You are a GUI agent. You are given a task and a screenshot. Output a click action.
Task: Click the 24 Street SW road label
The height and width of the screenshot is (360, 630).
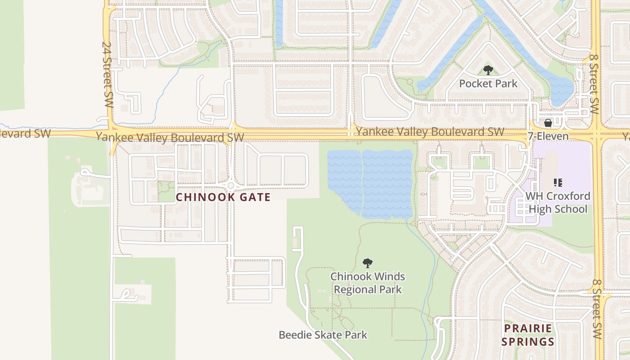(107, 74)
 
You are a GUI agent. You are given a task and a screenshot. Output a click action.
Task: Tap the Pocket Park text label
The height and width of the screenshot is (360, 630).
(488, 83)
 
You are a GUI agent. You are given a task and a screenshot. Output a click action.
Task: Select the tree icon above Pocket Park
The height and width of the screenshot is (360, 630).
(488, 70)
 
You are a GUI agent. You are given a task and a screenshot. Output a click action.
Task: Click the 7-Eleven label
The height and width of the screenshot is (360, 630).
(548, 136)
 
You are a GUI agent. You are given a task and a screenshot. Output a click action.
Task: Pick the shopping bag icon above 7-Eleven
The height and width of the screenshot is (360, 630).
(548, 123)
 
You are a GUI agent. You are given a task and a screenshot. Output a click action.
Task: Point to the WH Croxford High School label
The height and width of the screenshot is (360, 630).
(558, 202)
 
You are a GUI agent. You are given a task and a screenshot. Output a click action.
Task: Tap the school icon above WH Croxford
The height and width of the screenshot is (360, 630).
(558, 183)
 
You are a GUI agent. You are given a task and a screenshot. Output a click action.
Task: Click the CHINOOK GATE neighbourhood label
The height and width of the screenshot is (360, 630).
(223, 197)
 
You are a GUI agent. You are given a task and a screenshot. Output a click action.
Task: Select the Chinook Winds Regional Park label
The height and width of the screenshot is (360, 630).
(368, 283)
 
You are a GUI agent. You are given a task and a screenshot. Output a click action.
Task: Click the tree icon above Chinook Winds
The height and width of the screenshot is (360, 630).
(368, 263)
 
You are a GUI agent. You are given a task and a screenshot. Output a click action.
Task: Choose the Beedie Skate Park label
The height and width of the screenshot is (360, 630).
(323, 335)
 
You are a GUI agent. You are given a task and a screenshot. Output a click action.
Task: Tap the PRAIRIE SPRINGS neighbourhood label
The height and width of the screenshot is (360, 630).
(527, 335)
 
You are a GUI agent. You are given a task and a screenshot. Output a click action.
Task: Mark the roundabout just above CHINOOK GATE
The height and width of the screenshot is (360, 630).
(231, 185)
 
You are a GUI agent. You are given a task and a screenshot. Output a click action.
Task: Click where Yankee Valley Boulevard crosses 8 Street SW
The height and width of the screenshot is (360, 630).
(597, 133)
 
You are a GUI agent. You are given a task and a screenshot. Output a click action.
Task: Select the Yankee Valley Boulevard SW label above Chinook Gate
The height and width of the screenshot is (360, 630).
(170, 137)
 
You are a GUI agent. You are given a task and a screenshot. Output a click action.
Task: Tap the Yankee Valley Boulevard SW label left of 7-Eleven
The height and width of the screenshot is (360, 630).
(430, 132)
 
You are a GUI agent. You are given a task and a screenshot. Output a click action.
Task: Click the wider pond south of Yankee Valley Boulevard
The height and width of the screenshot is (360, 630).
(387, 184)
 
